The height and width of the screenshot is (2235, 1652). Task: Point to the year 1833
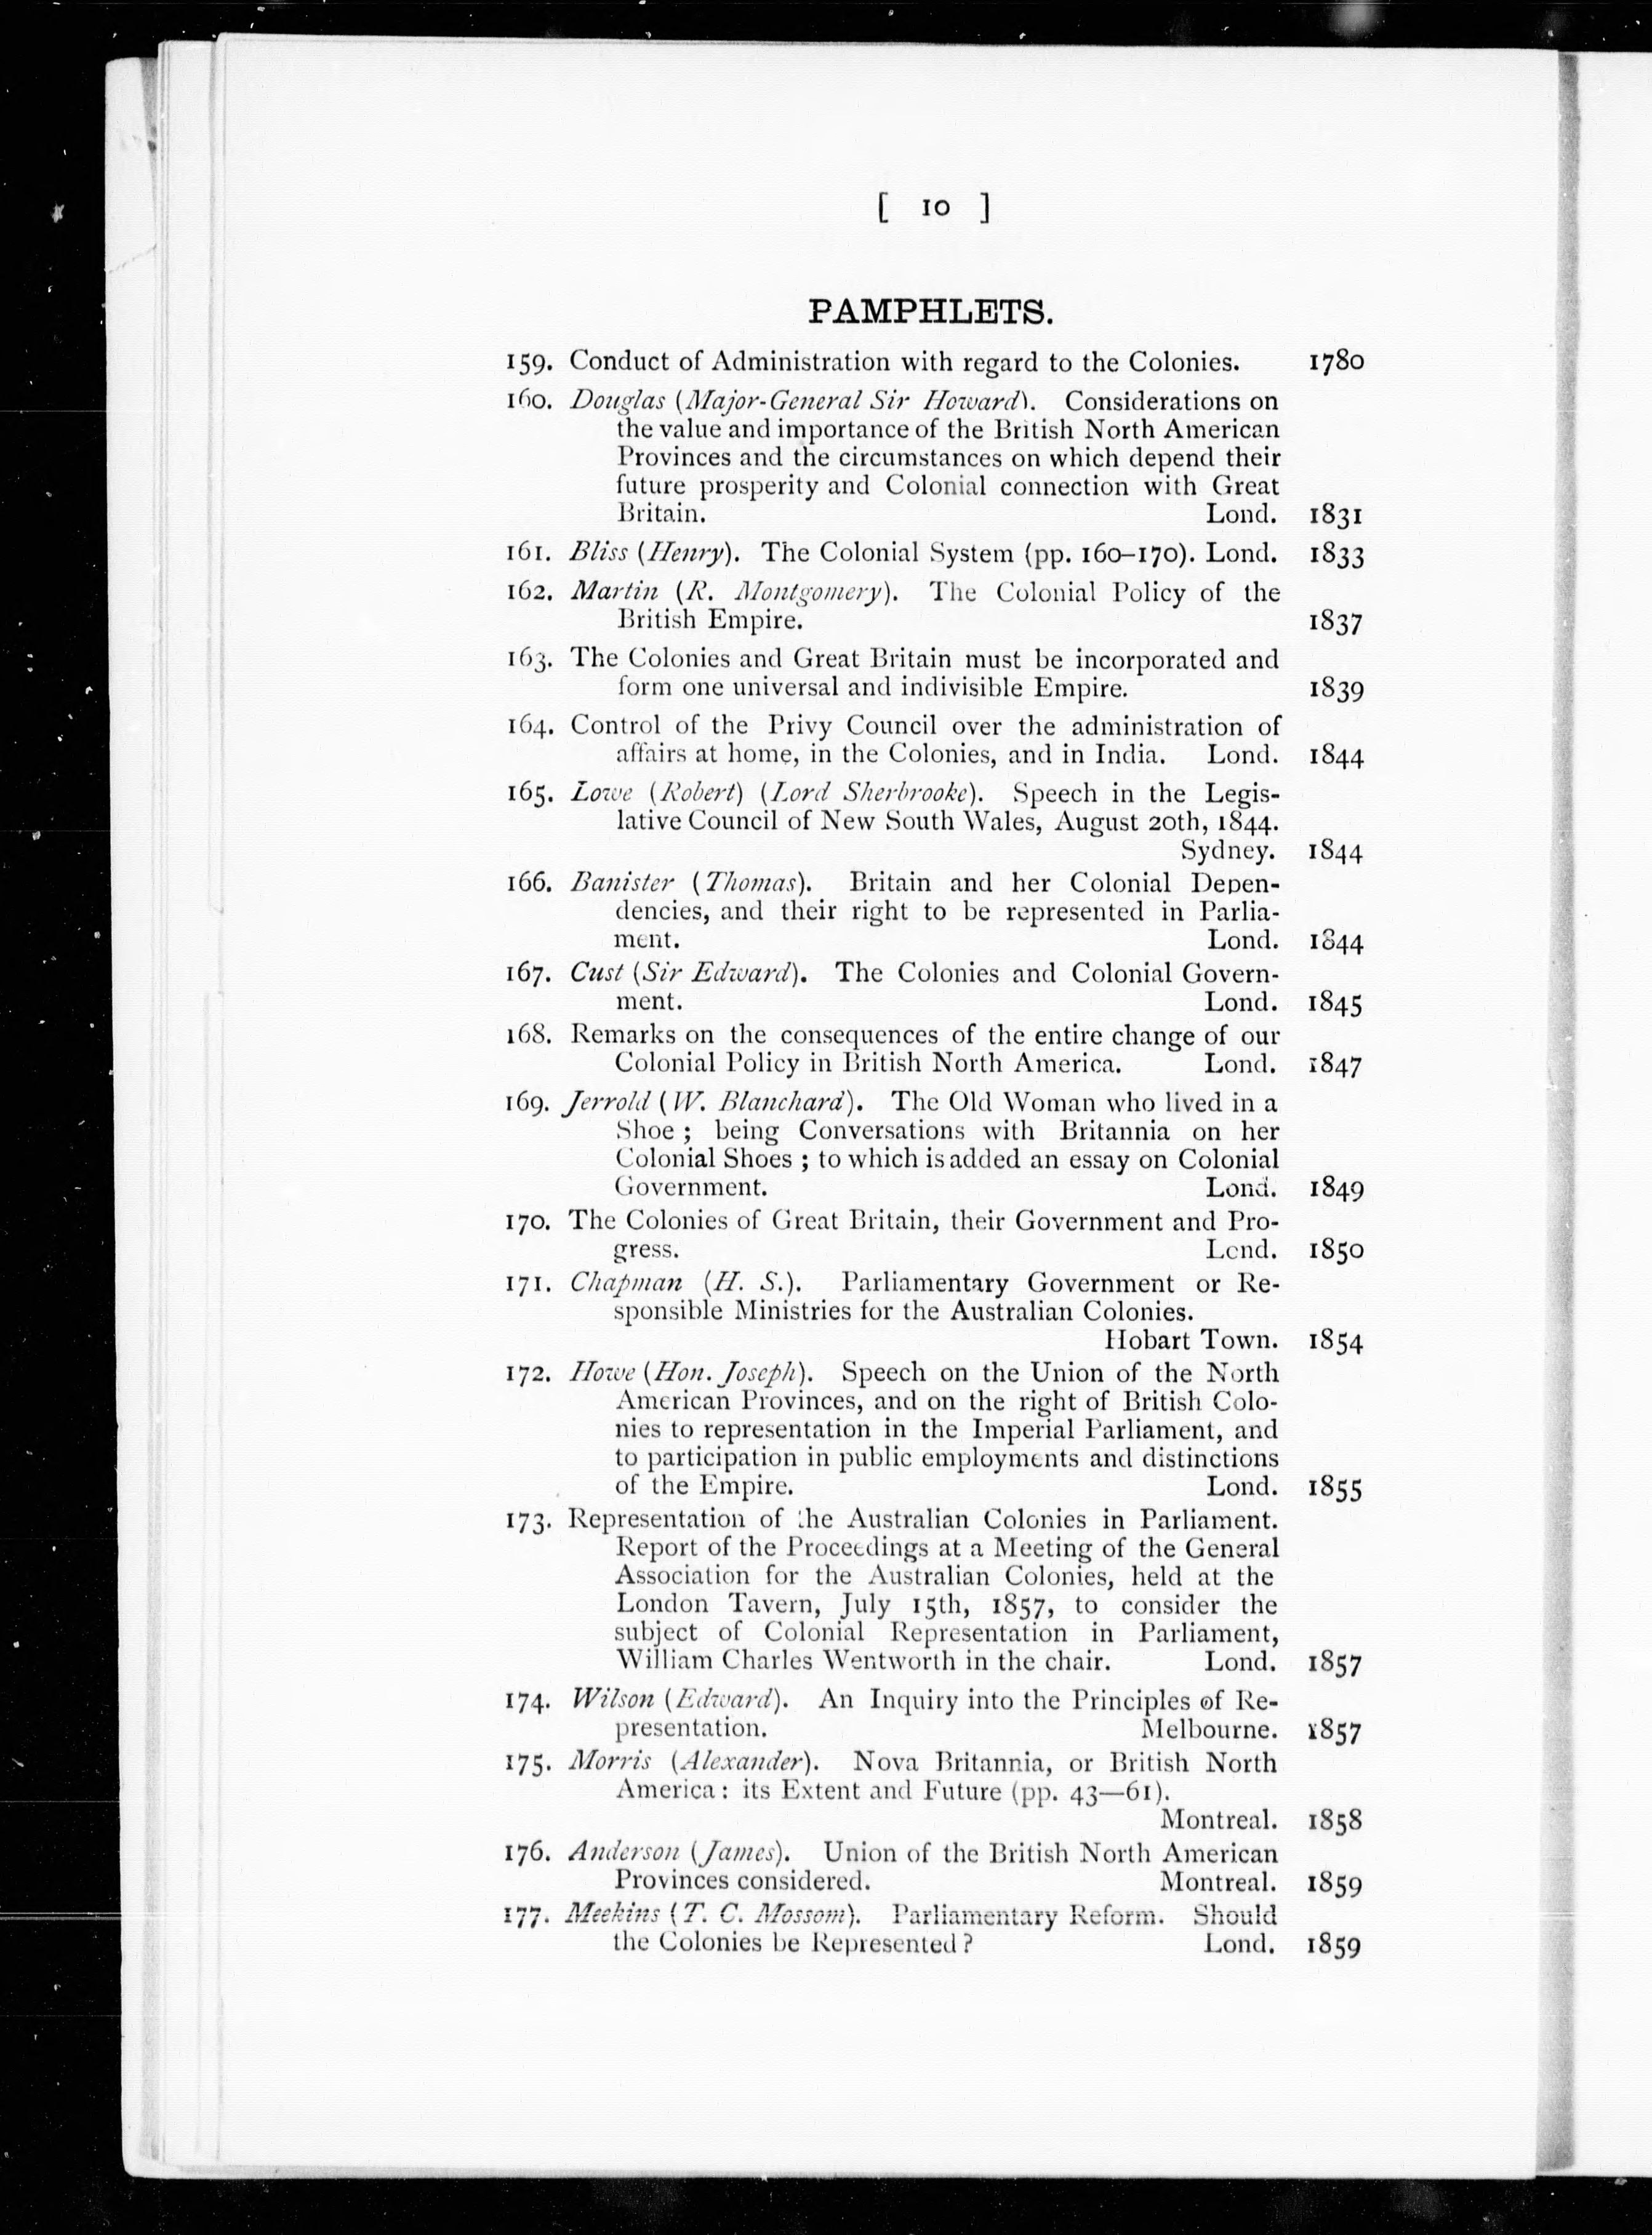[x=1335, y=555]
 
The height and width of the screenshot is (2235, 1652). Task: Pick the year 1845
[x=1335, y=1002]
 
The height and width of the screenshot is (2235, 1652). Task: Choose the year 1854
[x=1335, y=1341]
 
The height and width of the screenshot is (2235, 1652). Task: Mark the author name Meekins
[x=612, y=1914]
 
